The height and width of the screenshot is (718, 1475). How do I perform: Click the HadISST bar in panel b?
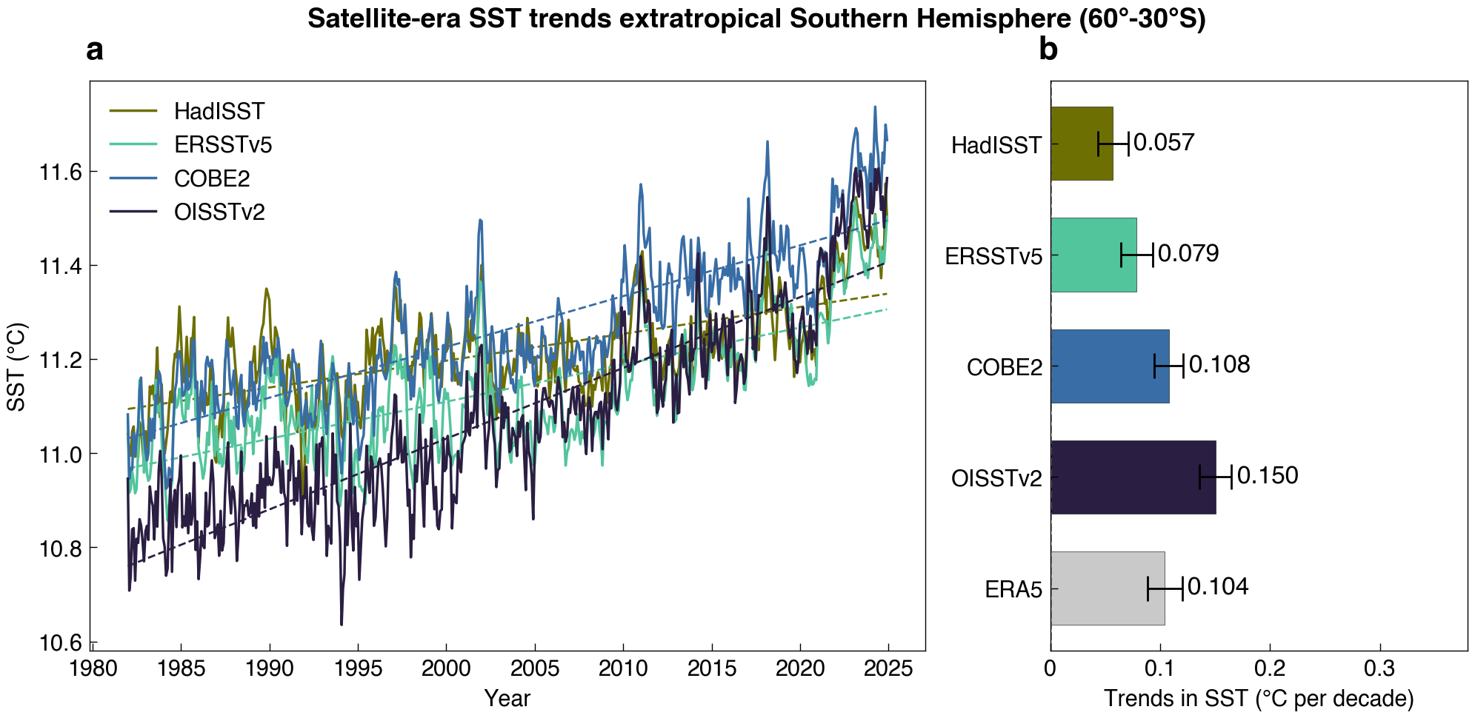[x=1081, y=144]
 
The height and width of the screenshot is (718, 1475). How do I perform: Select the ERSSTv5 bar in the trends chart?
[x=1093, y=255]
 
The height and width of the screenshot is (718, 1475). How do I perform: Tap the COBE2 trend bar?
[x=1109, y=366]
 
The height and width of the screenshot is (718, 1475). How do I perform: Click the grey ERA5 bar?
[x=1107, y=588]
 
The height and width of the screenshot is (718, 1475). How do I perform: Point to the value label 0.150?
[x=1268, y=475]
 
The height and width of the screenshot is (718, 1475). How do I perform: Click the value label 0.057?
[x=1164, y=142]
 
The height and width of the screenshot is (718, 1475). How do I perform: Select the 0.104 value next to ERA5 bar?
[x=1218, y=586]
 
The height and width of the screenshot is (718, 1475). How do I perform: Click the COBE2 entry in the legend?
[x=212, y=178]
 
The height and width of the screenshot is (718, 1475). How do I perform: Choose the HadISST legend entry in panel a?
[x=219, y=111]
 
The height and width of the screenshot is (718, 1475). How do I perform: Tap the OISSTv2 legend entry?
[x=219, y=212]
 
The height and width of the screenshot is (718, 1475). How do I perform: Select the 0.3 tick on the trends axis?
[x=1379, y=669]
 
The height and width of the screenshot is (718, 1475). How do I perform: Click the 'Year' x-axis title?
[x=507, y=698]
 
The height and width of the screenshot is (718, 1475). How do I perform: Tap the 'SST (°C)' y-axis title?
[x=16, y=366]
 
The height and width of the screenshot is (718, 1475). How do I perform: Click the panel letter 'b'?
[x=1048, y=50]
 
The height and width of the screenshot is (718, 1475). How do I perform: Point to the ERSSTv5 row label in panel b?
[x=993, y=256]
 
